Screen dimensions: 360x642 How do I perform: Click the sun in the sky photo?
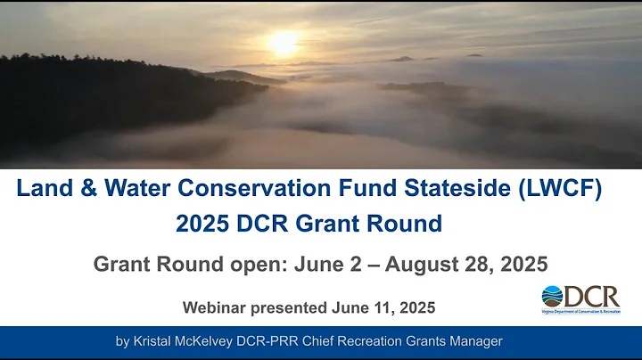(284, 43)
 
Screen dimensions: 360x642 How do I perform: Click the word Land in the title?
(42, 190)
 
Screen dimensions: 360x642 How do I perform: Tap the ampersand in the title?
(82, 190)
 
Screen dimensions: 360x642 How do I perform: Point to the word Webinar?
(213, 307)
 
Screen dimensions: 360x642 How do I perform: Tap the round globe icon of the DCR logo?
(553, 296)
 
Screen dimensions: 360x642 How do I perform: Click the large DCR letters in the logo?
(592, 295)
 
